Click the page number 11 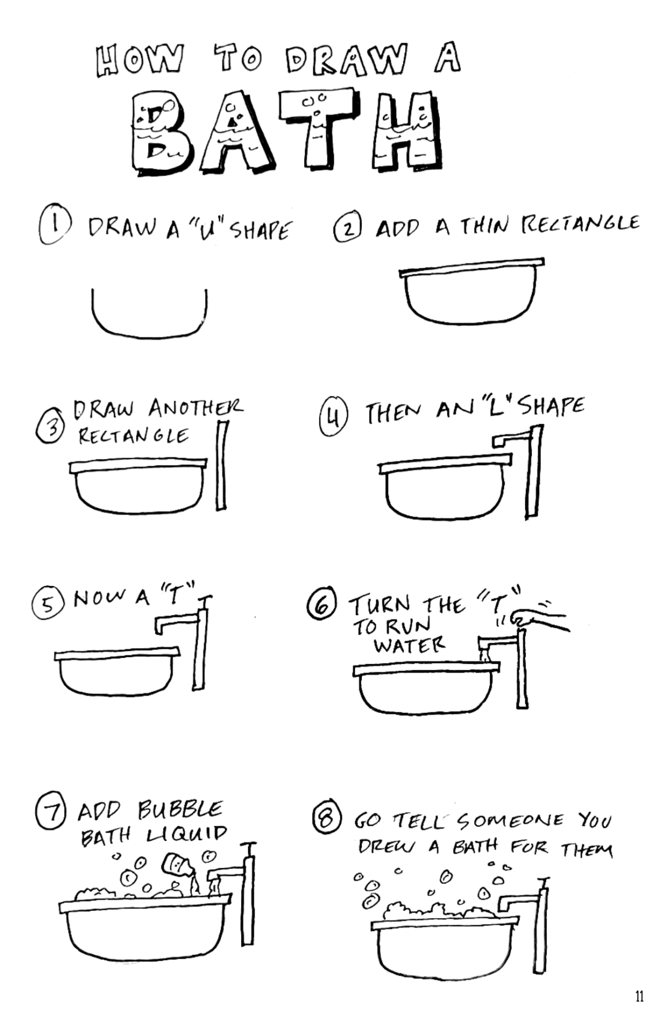point(639,996)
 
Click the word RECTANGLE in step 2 point(580,224)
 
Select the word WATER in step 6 point(409,646)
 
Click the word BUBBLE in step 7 point(180,810)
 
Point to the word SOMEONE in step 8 point(510,820)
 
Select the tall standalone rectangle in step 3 point(221,465)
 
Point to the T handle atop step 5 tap point(205,599)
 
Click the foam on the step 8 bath point(439,911)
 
